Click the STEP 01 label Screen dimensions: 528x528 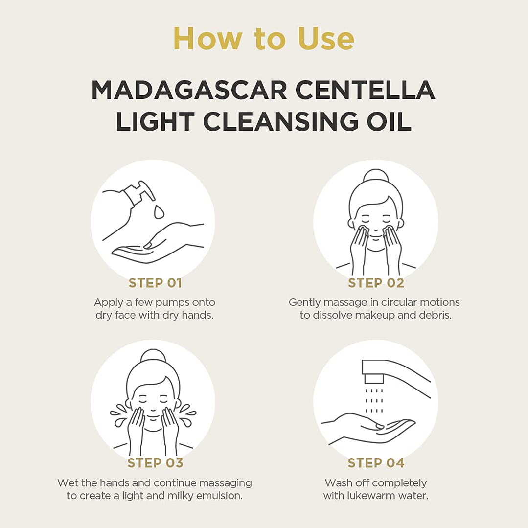(x=155, y=283)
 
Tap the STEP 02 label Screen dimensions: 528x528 (x=376, y=283)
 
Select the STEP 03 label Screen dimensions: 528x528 (x=155, y=463)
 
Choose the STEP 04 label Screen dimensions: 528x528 (x=376, y=463)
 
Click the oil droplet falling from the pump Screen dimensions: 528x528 (x=159, y=211)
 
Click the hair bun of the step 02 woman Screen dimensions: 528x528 (x=375, y=176)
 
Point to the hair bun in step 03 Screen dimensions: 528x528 (x=153, y=356)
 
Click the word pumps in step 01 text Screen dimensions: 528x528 (x=172, y=303)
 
